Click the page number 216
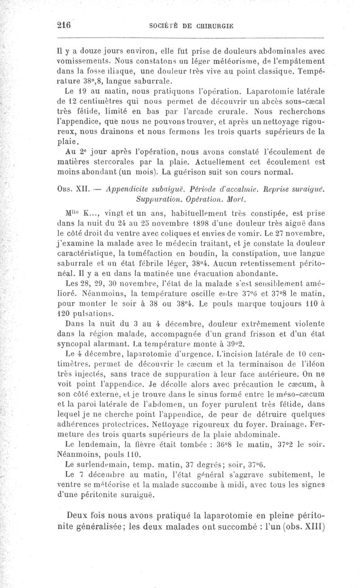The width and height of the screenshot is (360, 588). click(x=64, y=26)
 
